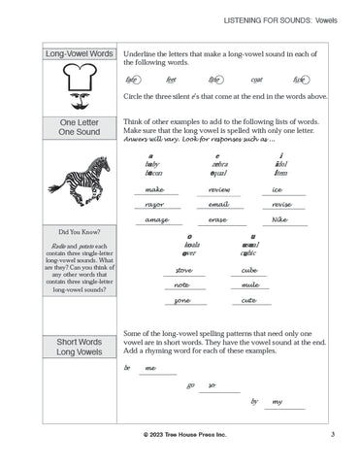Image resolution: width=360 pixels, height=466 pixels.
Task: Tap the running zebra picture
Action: point(74,180)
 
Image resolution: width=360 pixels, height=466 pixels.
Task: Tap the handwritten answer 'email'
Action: point(219,205)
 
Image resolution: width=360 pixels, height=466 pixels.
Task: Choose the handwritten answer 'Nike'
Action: point(280,221)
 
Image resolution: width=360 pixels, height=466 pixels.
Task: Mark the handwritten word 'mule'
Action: point(249,285)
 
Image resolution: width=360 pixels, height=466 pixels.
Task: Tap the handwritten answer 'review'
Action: point(219,189)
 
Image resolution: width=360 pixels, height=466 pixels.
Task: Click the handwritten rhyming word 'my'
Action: point(278,401)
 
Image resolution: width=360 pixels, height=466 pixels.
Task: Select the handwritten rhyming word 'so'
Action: point(213,385)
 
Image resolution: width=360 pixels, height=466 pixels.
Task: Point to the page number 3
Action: point(332,433)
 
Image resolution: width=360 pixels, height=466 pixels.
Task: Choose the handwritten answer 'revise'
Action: point(282,205)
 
